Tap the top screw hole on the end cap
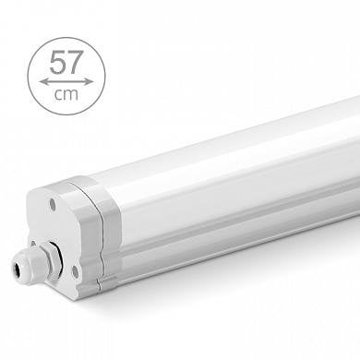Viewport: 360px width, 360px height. click(52, 203)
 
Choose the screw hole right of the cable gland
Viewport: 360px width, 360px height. click(75, 270)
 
